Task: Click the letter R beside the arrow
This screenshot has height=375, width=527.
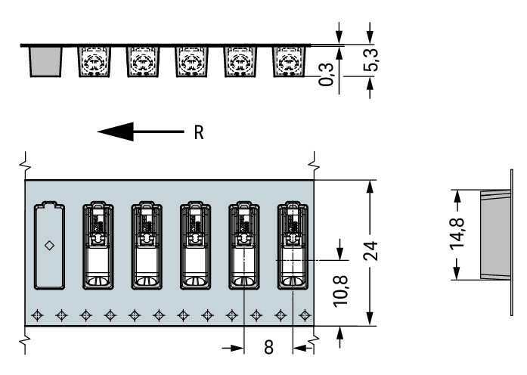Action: pyautogui.click(x=199, y=133)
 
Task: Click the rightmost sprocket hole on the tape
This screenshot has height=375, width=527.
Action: pyautogui.click(x=305, y=314)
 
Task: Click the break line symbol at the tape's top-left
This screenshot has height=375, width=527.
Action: pyautogui.click(x=26, y=160)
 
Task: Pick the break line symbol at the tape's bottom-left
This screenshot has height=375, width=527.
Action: pyautogui.click(x=26, y=342)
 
